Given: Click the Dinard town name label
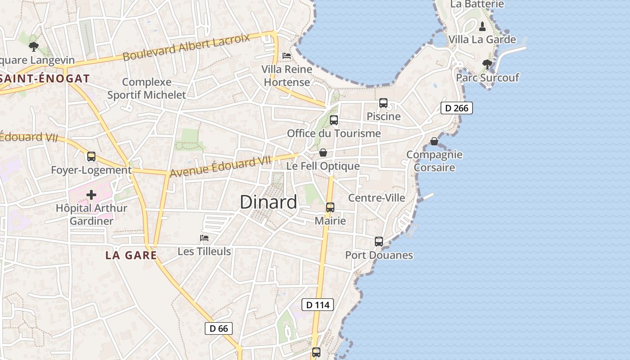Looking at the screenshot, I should click(x=269, y=202).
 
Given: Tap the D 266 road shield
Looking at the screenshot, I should click(x=457, y=108).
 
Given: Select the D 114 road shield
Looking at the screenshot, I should click(x=318, y=305).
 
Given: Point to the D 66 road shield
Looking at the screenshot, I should click(x=219, y=328).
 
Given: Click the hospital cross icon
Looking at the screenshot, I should click(x=91, y=195).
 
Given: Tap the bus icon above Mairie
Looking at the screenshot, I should click(x=330, y=207).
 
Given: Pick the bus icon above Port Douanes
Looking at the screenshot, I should click(x=379, y=242).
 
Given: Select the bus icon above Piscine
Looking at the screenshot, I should click(x=383, y=103).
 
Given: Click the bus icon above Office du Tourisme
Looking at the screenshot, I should click(x=334, y=120).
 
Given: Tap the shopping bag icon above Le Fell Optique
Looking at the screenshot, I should click(x=323, y=153).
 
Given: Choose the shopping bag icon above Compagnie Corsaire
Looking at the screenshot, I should click(x=434, y=142).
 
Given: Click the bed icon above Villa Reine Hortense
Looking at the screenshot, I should click(x=287, y=56).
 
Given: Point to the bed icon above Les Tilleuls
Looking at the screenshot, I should click(x=204, y=238).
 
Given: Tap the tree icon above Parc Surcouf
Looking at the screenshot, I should click(x=487, y=64).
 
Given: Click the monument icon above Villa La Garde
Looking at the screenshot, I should click(x=482, y=26).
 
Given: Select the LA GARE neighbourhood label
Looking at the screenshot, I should click(x=131, y=256).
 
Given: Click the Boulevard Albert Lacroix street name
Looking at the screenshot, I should click(x=186, y=47).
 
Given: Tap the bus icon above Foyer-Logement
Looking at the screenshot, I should click(x=91, y=157).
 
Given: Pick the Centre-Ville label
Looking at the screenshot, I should click(x=377, y=198).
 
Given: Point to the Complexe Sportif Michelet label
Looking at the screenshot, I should click(x=147, y=89).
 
